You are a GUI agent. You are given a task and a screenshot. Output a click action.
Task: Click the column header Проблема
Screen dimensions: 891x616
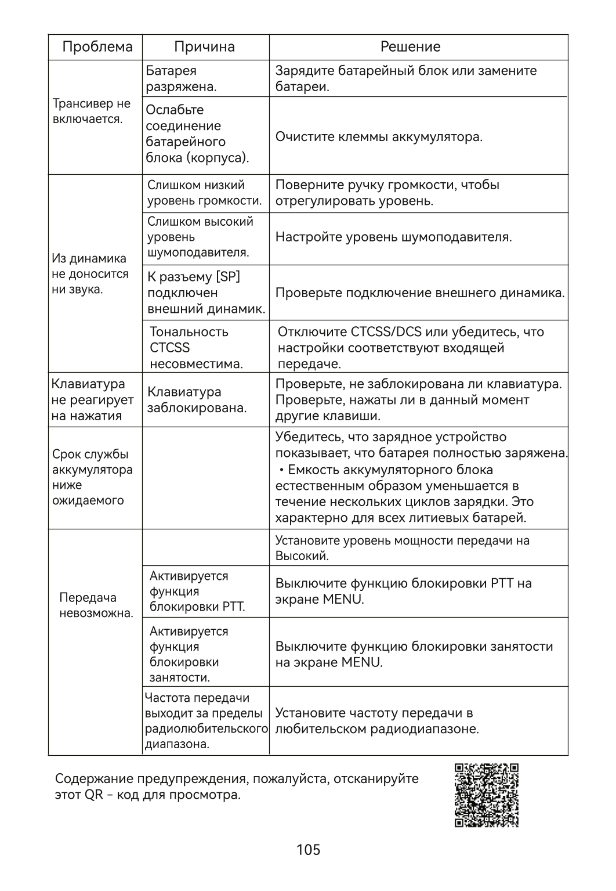(97, 47)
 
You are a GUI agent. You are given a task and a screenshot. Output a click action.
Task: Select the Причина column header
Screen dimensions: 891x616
(204, 47)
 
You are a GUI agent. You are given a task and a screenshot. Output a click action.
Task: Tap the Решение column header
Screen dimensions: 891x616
(410, 47)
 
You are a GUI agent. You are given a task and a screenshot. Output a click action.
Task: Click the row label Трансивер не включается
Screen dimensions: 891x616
(91, 111)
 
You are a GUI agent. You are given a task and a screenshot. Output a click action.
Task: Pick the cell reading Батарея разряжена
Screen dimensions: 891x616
(180, 79)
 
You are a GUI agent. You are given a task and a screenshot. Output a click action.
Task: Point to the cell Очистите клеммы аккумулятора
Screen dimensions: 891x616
(379, 137)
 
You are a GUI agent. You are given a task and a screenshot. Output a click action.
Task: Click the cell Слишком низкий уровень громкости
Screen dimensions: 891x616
(204, 193)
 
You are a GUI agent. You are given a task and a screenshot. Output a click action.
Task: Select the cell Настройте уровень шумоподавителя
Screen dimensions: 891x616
(393, 237)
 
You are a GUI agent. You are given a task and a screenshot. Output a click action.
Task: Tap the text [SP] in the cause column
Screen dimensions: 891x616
(228, 277)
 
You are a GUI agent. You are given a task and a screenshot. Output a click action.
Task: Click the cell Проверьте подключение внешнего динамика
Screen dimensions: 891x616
(419, 293)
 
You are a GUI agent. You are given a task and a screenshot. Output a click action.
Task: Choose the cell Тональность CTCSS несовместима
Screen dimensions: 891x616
(196, 348)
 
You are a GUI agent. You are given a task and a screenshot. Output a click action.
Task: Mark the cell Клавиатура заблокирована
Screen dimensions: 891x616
(197, 400)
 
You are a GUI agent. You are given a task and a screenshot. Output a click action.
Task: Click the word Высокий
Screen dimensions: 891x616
(302, 556)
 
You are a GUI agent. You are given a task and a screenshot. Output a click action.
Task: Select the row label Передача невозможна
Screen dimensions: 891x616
(96, 605)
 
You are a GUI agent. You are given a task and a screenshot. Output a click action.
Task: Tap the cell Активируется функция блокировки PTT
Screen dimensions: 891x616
(197, 591)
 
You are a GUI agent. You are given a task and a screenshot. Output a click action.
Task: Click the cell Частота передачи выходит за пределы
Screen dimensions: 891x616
(205, 721)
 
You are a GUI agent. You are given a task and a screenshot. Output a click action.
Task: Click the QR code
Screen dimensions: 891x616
(486, 795)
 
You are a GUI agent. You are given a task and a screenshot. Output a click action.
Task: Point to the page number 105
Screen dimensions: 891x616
(308, 850)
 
